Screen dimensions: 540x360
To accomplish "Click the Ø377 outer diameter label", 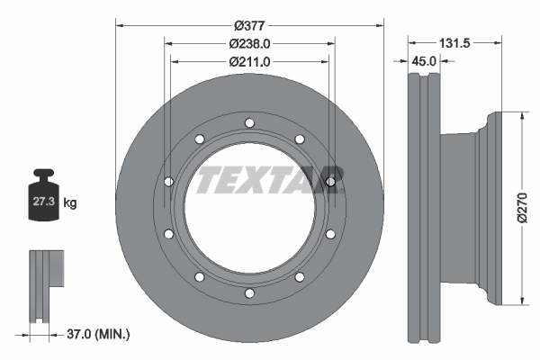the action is [x=249, y=25].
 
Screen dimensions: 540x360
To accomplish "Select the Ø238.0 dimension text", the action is [x=249, y=44].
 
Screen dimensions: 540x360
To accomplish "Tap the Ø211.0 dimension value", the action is [x=249, y=62].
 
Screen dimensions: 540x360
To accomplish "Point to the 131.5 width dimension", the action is [x=454, y=43].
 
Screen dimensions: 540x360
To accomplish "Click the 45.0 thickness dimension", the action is [x=424, y=61].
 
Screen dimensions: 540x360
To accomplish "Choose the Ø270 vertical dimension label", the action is [x=522, y=208].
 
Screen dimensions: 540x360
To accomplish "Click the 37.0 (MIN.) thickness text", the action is [x=98, y=334].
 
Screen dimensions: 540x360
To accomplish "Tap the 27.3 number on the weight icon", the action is [x=44, y=202].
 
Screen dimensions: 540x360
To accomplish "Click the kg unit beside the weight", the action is [x=70, y=202].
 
